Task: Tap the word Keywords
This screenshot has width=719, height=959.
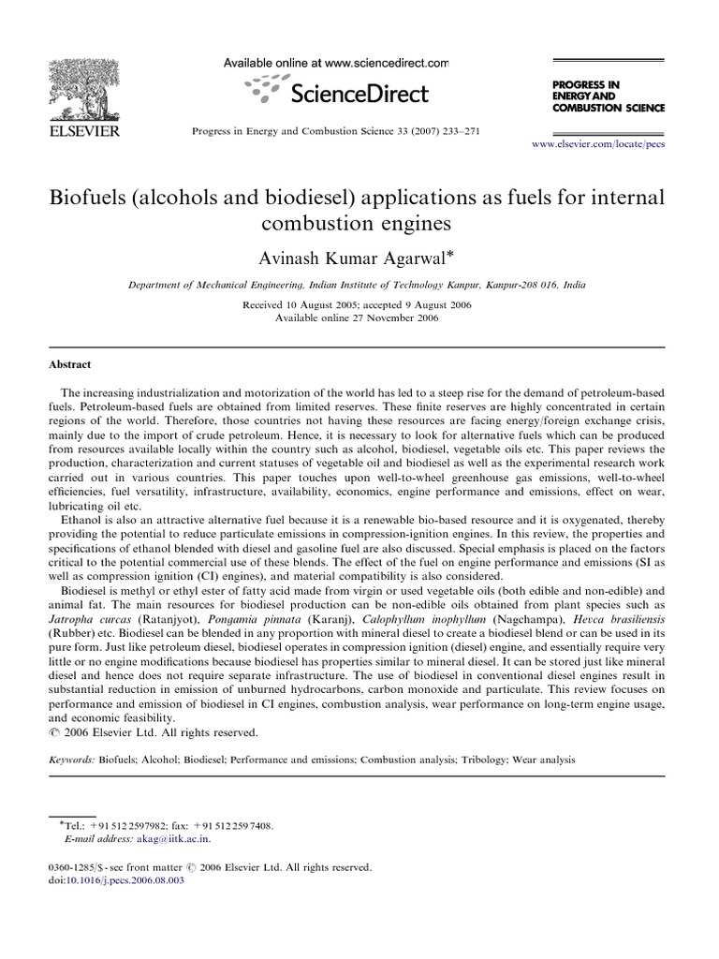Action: coord(72,761)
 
